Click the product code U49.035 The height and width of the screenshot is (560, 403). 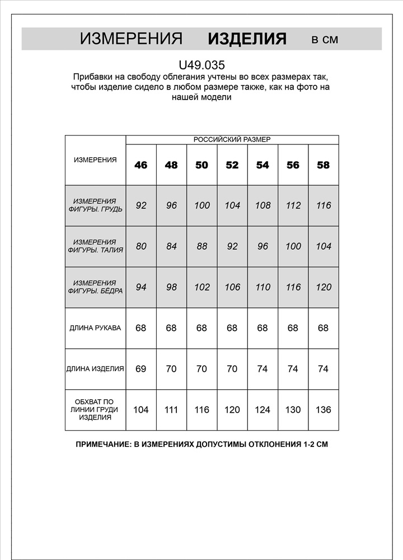[x=201, y=65]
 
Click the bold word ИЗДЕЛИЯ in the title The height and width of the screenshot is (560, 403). [x=247, y=39]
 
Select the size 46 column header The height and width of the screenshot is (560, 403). [x=141, y=165]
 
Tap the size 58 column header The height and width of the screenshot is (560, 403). [x=323, y=165]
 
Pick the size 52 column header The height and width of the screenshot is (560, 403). [x=232, y=165]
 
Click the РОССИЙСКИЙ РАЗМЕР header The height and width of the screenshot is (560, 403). [x=232, y=139]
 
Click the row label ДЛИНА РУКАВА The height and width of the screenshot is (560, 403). [x=95, y=328]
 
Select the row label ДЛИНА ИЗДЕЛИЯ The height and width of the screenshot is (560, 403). [x=95, y=368]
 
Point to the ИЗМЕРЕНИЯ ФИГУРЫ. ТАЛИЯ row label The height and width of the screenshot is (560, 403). [x=95, y=246]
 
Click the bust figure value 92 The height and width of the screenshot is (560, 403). [x=141, y=206]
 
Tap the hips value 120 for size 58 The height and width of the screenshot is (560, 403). [x=323, y=287]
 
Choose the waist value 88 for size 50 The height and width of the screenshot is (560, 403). [x=202, y=246]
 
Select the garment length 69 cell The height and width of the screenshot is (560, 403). [x=141, y=369]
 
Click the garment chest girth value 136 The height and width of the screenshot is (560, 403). [x=323, y=410]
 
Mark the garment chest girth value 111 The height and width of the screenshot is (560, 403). [x=171, y=410]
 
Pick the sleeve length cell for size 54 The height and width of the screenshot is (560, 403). [x=263, y=328]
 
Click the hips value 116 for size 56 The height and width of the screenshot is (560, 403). [x=293, y=287]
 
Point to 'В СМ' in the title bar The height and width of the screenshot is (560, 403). [x=325, y=39]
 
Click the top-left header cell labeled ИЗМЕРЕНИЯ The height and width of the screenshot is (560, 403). [x=95, y=160]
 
